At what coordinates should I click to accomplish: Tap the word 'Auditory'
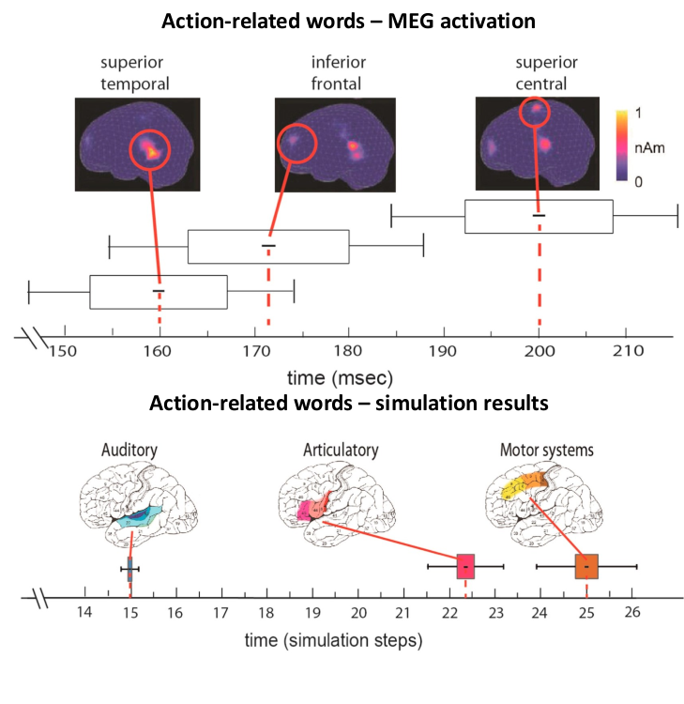(x=129, y=451)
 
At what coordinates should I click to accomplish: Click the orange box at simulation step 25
(x=586, y=567)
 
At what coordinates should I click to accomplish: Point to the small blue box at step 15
(x=129, y=569)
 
